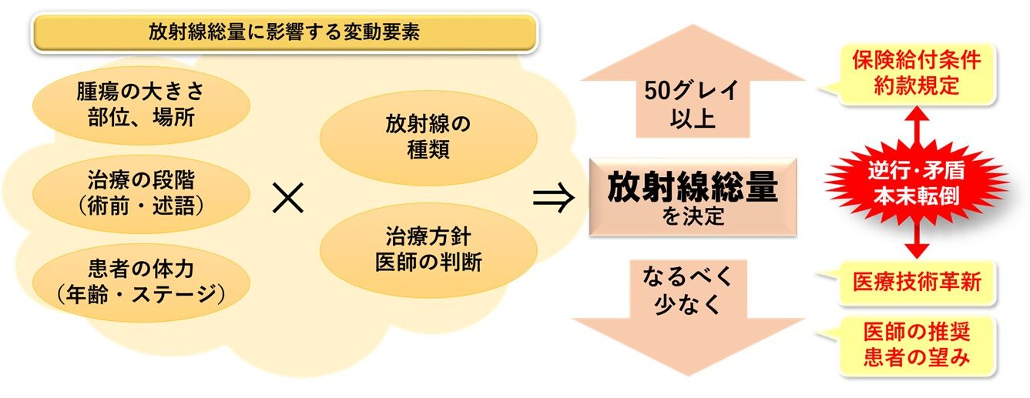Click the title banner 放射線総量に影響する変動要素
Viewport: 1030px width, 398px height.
pos(284,32)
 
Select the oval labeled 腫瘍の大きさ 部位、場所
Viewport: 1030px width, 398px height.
pos(141,105)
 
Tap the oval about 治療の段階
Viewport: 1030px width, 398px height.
pos(141,193)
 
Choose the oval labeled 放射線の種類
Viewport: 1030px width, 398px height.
pos(428,138)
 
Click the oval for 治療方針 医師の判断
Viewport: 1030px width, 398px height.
pos(428,250)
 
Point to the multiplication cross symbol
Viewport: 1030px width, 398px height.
pos(288,198)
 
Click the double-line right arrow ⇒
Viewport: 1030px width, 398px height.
pos(554,198)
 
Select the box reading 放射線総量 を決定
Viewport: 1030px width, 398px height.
pos(693,197)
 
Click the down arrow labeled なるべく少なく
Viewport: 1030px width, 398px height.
pos(688,317)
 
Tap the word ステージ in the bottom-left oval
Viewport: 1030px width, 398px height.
pos(174,295)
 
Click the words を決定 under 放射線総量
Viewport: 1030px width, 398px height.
pos(693,216)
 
